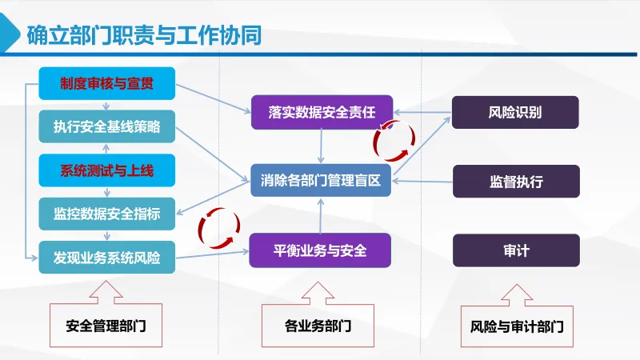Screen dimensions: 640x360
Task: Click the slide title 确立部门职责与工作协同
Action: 143,36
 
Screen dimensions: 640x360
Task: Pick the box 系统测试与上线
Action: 106,170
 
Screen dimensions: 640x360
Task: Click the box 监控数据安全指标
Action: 106,214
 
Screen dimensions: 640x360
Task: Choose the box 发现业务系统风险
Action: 106,258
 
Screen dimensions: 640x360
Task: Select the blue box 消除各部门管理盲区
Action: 321,181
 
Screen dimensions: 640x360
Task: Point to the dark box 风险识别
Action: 515,112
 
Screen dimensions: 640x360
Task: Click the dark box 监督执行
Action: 516,181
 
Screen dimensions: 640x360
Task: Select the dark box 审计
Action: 516,250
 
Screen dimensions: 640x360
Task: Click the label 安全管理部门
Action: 106,326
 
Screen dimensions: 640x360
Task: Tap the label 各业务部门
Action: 318,326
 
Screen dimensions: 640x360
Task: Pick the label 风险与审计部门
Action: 516,326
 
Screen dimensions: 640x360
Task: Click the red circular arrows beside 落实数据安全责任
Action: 394,142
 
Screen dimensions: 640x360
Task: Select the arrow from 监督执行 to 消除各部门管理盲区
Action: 422,182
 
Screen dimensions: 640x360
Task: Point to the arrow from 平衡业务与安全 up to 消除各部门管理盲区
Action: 320,215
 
